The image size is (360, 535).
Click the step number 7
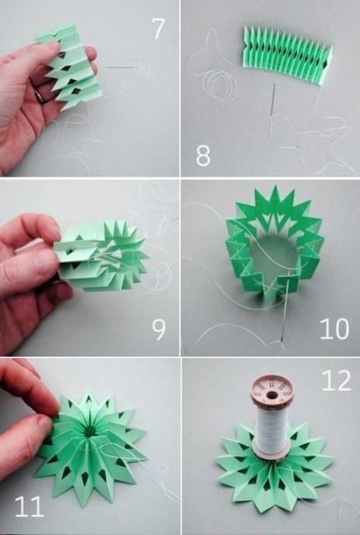(x=158, y=29)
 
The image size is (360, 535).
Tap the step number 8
(x=202, y=155)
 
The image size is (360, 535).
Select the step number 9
(x=159, y=330)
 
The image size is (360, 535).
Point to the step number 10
(x=334, y=329)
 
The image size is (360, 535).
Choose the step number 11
(x=29, y=506)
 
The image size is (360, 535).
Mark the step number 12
(x=337, y=381)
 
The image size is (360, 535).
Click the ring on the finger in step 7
(x=40, y=96)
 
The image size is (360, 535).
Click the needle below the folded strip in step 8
(x=273, y=99)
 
